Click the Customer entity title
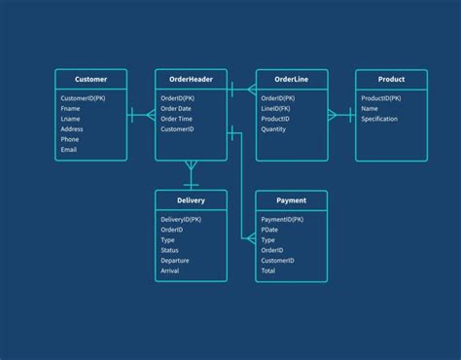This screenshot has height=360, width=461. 90,79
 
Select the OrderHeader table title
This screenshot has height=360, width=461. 191,79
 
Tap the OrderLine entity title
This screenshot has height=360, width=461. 291,79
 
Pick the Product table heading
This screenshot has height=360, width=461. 391,79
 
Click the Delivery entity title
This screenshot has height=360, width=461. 191,200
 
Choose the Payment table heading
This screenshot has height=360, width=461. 291,200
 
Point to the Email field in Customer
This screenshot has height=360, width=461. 69,149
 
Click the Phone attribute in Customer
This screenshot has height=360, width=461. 71,139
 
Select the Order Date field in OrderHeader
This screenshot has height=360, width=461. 176,108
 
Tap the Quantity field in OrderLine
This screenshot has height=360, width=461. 274,128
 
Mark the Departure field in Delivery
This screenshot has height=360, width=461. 175,260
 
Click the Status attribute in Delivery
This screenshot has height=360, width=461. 169,250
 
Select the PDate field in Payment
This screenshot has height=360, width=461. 270,230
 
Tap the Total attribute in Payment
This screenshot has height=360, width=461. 268,270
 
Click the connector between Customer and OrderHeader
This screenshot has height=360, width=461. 141,115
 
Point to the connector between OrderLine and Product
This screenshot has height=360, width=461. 340,115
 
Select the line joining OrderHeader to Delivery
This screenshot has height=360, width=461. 191,175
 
